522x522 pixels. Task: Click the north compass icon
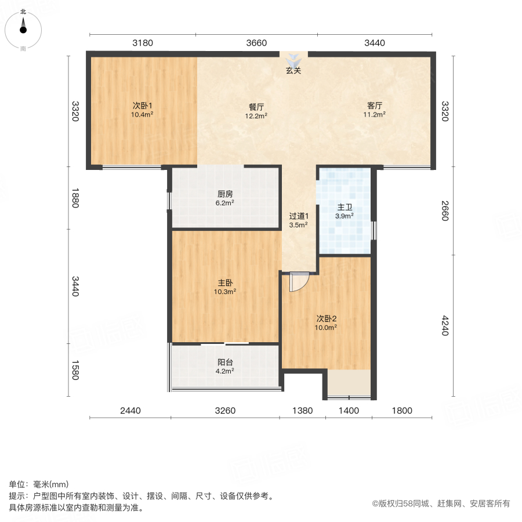23,27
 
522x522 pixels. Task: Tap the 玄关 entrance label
293,71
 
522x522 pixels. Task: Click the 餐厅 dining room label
257,107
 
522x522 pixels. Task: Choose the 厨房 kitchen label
225,194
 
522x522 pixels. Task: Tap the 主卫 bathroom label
345,208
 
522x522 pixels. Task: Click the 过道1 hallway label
298,216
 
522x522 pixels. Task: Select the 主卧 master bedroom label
226,283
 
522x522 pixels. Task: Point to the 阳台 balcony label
226,362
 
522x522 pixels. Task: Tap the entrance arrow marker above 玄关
293,59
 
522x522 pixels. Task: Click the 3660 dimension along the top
256,42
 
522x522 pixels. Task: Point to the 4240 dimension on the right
445,326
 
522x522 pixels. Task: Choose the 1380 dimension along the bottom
302,411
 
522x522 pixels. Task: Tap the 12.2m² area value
257,115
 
